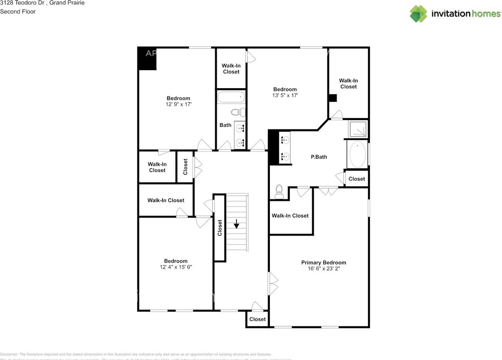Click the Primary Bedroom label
(x=324, y=263)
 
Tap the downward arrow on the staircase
(x=236, y=225)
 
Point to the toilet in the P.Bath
(x=279, y=190)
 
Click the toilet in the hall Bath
(x=237, y=113)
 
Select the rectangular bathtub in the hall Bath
(x=231, y=97)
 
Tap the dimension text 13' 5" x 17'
(x=285, y=95)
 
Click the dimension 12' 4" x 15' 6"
(x=176, y=267)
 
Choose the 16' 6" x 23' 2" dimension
(x=324, y=269)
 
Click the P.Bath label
(x=319, y=157)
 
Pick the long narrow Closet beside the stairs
(x=220, y=227)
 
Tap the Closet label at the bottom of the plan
(x=258, y=319)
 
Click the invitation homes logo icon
(x=418, y=14)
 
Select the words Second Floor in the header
(x=18, y=11)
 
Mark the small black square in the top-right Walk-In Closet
(x=333, y=98)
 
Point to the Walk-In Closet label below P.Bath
(x=290, y=216)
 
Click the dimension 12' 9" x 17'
(x=178, y=104)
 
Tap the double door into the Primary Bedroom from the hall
(x=273, y=284)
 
